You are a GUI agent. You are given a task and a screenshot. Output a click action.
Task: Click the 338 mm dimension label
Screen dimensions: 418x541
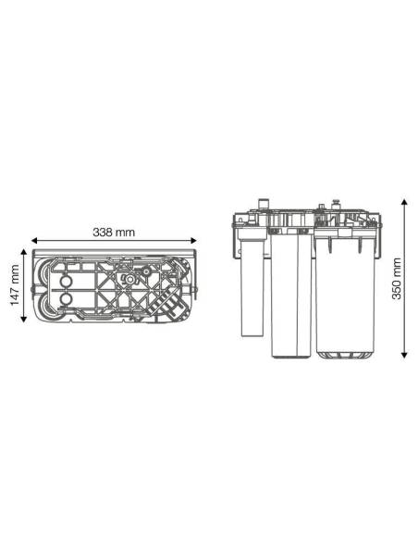click(114, 233)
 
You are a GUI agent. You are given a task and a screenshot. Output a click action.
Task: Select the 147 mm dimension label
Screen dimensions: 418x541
click(15, 285)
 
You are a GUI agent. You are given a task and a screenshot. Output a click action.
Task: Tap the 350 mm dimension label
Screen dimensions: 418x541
click(397, 279)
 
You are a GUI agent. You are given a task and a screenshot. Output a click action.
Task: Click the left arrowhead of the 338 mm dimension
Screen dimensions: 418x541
click(34, 241)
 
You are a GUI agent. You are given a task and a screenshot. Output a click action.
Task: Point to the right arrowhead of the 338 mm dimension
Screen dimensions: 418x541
click(193, 241)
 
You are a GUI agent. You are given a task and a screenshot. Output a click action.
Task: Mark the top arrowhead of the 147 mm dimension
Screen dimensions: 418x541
click(23, 252)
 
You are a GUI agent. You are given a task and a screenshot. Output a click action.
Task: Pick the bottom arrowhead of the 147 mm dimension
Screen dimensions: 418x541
click(23, 320)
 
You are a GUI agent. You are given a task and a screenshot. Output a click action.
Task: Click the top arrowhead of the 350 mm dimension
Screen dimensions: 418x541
click(405, 202)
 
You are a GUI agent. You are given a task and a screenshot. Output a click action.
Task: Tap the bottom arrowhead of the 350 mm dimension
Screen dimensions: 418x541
click(405, 355)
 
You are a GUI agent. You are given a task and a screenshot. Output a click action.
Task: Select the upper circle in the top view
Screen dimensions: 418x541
click(65, 282)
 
